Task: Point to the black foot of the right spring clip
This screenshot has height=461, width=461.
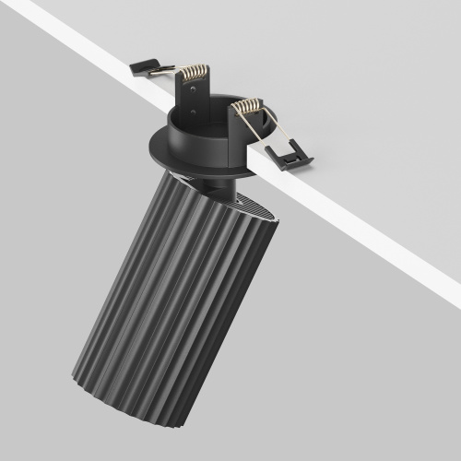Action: tap(290, 157)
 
